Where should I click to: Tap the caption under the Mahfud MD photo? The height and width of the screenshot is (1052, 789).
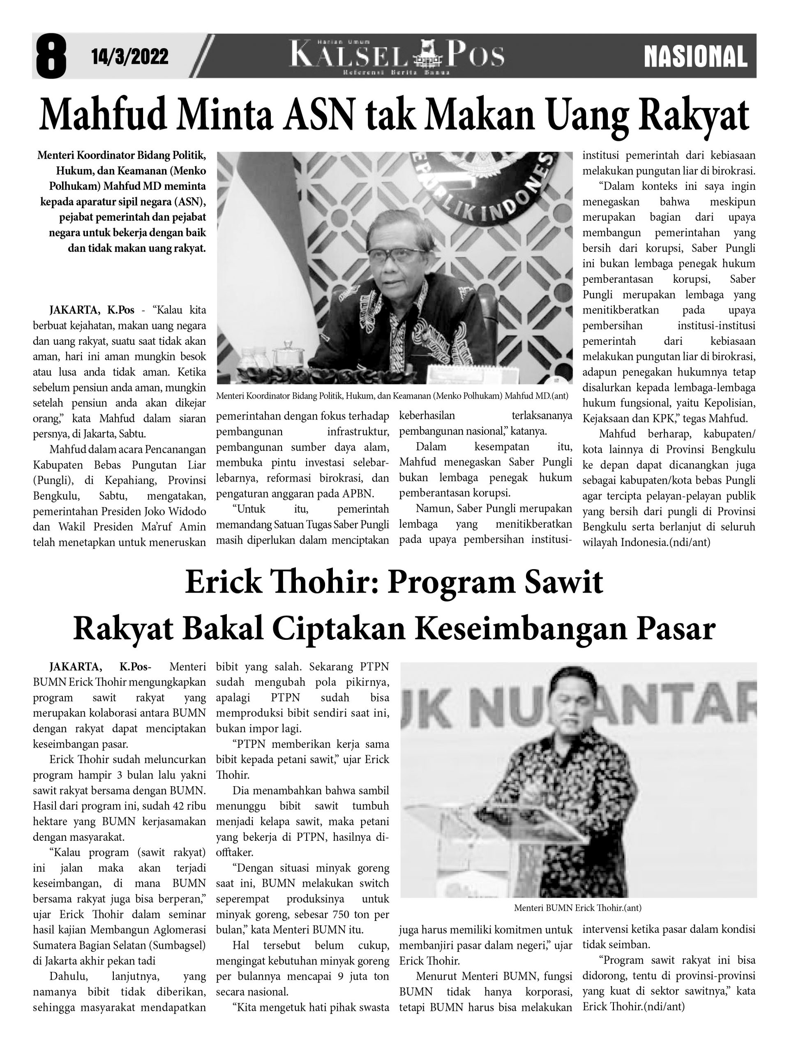(392, 396)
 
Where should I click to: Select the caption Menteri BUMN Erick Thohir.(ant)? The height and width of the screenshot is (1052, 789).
(577, 908)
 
